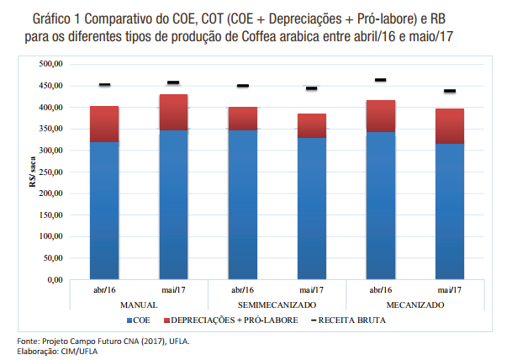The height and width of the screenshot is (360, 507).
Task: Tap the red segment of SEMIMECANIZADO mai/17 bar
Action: [x=311, y=125]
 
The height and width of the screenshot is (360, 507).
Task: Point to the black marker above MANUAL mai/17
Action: [x=173, y=82]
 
